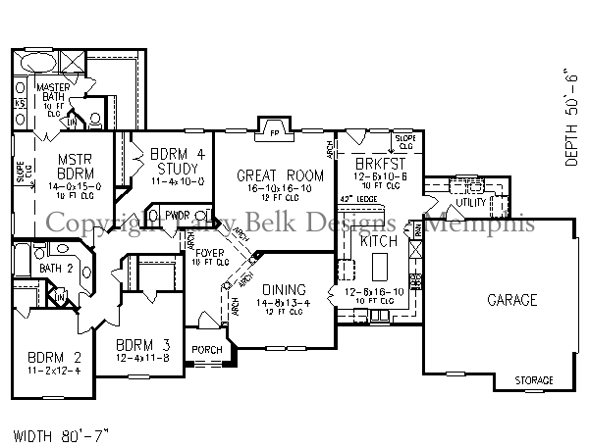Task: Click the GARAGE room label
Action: point(512,300)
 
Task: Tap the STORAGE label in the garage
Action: point(534,379)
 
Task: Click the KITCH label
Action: point(378,241)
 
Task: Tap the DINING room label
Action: point(284,290)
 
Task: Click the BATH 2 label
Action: point(57,268)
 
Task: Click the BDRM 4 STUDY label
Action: point(178,159)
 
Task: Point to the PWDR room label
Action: point(178,216)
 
